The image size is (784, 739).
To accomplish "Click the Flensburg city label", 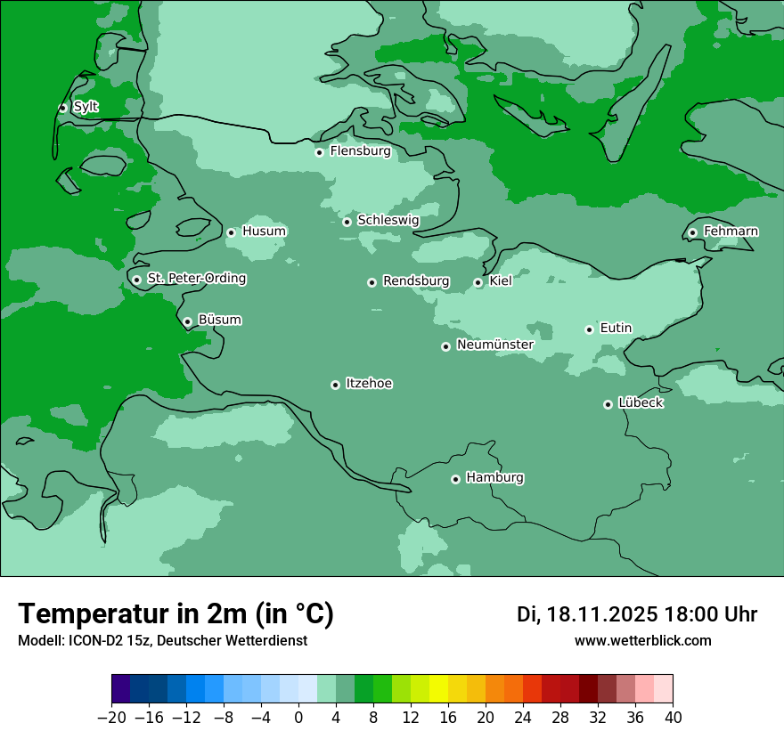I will click(x=360, y=151).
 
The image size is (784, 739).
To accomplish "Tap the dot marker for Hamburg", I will click(x=455, y=479).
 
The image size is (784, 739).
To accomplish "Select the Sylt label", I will click(x=86, y=107).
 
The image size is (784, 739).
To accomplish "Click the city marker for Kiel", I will click(x=478, y=282).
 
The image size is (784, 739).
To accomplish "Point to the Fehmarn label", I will click(x=731, y=231).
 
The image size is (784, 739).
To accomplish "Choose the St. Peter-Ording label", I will click(x=196, y=279).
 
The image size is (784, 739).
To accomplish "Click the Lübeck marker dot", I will click(x=608, y=404).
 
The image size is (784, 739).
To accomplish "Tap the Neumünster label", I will click(x=495, y=345).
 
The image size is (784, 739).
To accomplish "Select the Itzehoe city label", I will click(x=369, y=384).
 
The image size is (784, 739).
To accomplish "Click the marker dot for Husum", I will click(x=231, y=232).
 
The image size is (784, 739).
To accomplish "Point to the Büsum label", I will click(x=219, y=320).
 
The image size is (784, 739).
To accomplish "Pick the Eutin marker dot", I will click(x=589, y=329).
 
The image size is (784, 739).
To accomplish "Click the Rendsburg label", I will click(x=416, y=281).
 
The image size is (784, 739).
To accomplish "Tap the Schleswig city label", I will click(x=388, y=220).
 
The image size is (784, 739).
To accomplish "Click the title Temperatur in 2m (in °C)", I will click(x=176, y=613).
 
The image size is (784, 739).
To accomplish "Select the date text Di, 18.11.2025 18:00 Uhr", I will click(x=637, y=614).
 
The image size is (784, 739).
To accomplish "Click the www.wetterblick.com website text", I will click(x=642, y=640).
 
